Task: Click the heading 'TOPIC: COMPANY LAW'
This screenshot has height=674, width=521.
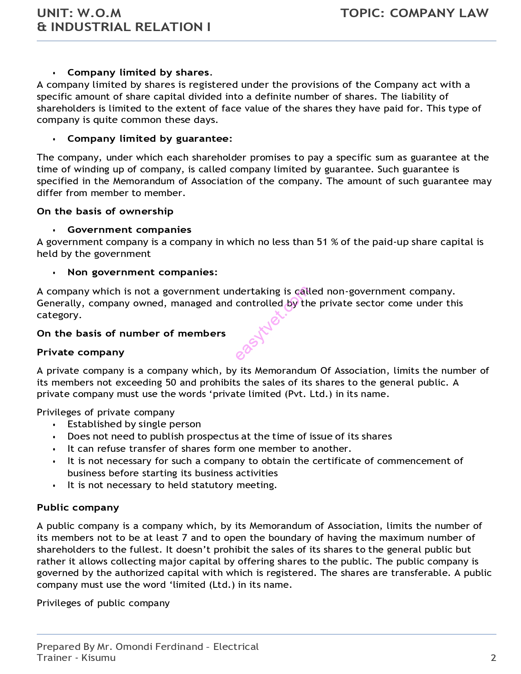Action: pyautogui.click(x=414, y=13)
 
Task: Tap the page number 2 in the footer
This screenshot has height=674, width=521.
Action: pyautogui.click(x=493, y=658)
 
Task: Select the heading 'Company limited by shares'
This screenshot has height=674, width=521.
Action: pyautogui.click(x=138, y=73)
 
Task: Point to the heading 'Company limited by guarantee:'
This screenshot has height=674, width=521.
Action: pyautogui.click(x=150, y=139)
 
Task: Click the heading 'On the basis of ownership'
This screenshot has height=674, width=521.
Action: pyautogui.click(x=105, y=212)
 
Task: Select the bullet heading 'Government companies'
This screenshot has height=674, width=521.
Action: pyautogui.click(x=129, y=230)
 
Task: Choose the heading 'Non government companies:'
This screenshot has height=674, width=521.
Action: pyautogui.click(x=142, y=272)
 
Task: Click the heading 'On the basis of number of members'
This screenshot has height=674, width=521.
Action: pyautogui.click(x=131, y=334)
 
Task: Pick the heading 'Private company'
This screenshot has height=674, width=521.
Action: pyautogui.click(x=80, y=353)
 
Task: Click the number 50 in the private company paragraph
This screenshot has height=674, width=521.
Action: pyautogui.click(x=171, y=383)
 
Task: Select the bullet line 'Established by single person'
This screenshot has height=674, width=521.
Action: pyautogui.click(x=134, y=424)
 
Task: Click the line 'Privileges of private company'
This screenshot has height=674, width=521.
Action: pyautogui.click(x=105, y=413)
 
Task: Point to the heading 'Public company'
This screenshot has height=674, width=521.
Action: pyautogui.click(x=78, y=508)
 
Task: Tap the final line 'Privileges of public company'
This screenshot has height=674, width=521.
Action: pyautogui.click(x=103, y=603)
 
